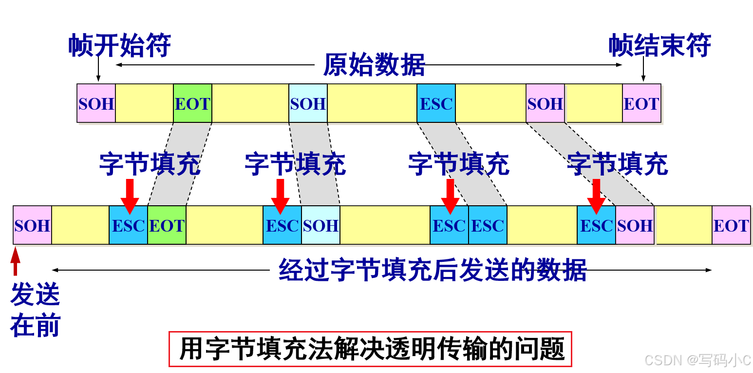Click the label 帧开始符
coord(119,46)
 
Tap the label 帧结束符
coord(659,46)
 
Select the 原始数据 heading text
coord(374,65)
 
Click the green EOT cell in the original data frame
coord(192,103)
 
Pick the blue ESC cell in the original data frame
coord(436,103)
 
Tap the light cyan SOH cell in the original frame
coord(308,103)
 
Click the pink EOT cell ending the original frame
coord(641,103)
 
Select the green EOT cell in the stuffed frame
coord(167,225)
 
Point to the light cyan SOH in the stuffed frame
coord(320,225)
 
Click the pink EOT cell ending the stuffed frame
coord(731,225)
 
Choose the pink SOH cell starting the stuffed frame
coord(32,225)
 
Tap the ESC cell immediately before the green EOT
coord(128,225)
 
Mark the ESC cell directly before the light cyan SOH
coord(282,225)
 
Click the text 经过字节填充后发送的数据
coord(433,270)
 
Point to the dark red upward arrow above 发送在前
coord(16,261)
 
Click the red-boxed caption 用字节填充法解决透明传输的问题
coord(370,349)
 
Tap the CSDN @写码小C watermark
coord(697,360)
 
